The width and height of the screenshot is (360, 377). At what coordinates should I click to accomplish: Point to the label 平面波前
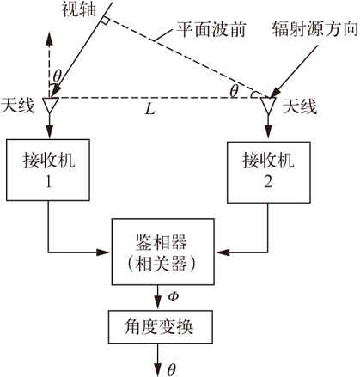211,29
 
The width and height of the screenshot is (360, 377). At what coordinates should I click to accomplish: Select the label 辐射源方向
315,28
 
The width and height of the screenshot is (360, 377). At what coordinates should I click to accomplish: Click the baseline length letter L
149,109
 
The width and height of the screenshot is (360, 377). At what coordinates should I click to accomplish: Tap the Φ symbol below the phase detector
173,297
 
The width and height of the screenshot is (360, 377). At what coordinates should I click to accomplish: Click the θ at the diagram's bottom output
171,370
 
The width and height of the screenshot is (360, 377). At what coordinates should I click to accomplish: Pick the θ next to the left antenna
58,76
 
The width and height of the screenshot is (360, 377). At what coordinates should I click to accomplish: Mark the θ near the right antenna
234,92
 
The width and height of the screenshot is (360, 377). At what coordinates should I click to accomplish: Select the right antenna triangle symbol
268,106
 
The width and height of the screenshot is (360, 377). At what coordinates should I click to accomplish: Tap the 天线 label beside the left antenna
17,105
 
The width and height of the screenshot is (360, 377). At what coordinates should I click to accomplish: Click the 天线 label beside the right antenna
300,106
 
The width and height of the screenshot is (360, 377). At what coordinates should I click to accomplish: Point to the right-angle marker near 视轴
104,21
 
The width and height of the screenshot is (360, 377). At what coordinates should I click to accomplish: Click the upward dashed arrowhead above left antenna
49,40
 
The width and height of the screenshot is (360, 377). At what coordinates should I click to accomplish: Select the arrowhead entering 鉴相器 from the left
104,252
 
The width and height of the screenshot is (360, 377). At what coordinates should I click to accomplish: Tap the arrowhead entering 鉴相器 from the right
223,252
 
